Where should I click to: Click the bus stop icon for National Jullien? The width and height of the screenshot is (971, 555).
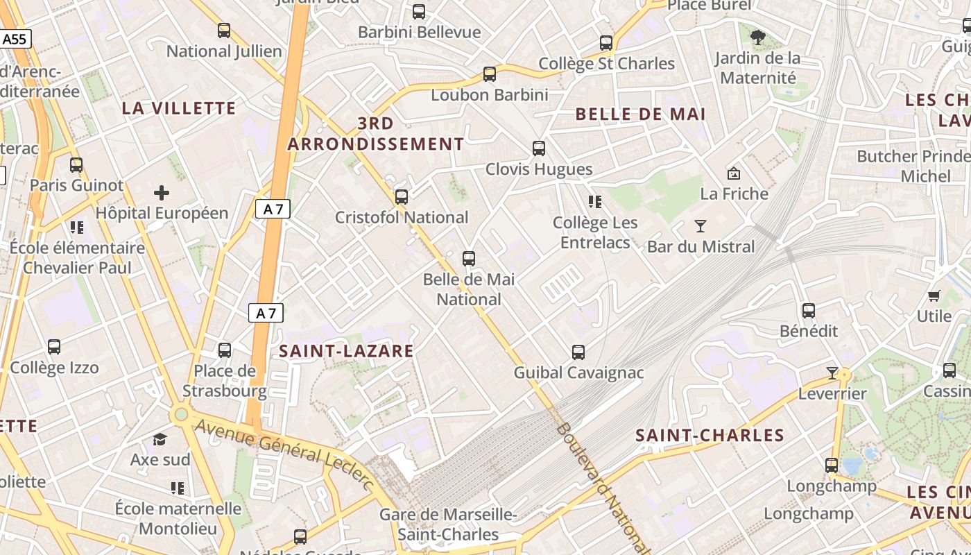coord(223,31)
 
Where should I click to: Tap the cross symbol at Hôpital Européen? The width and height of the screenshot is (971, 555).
coord(162,192)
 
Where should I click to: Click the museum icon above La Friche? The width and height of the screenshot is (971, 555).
coord(733,173)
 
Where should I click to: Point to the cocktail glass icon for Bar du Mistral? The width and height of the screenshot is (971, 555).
coord(701,226)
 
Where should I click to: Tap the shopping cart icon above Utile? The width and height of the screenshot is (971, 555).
coord(934,296)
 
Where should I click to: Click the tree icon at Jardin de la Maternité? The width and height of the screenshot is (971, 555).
coord(758,37)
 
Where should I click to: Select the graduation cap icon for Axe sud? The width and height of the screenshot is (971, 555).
coord(160,439)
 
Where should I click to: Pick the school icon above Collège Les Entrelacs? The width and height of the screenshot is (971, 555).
coord(594,202)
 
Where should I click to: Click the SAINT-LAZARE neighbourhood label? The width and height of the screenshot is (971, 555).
coord(346,351)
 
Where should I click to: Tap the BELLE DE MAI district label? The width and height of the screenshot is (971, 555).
coord(640,114)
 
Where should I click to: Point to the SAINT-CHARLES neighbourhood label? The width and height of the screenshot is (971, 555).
coord(710,436)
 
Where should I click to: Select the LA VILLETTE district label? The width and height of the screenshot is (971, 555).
coord(179,108)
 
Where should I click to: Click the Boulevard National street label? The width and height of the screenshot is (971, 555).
coord(601,486)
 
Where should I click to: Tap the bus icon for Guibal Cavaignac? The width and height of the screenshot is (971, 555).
coord(578,352)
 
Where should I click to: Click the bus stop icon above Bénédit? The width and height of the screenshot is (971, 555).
coord(809,311)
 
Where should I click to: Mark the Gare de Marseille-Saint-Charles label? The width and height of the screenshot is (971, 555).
coord(448,524)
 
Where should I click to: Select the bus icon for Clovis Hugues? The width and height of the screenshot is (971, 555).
coord(539,148)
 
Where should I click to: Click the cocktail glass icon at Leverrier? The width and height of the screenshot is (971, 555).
coord(832,373)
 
